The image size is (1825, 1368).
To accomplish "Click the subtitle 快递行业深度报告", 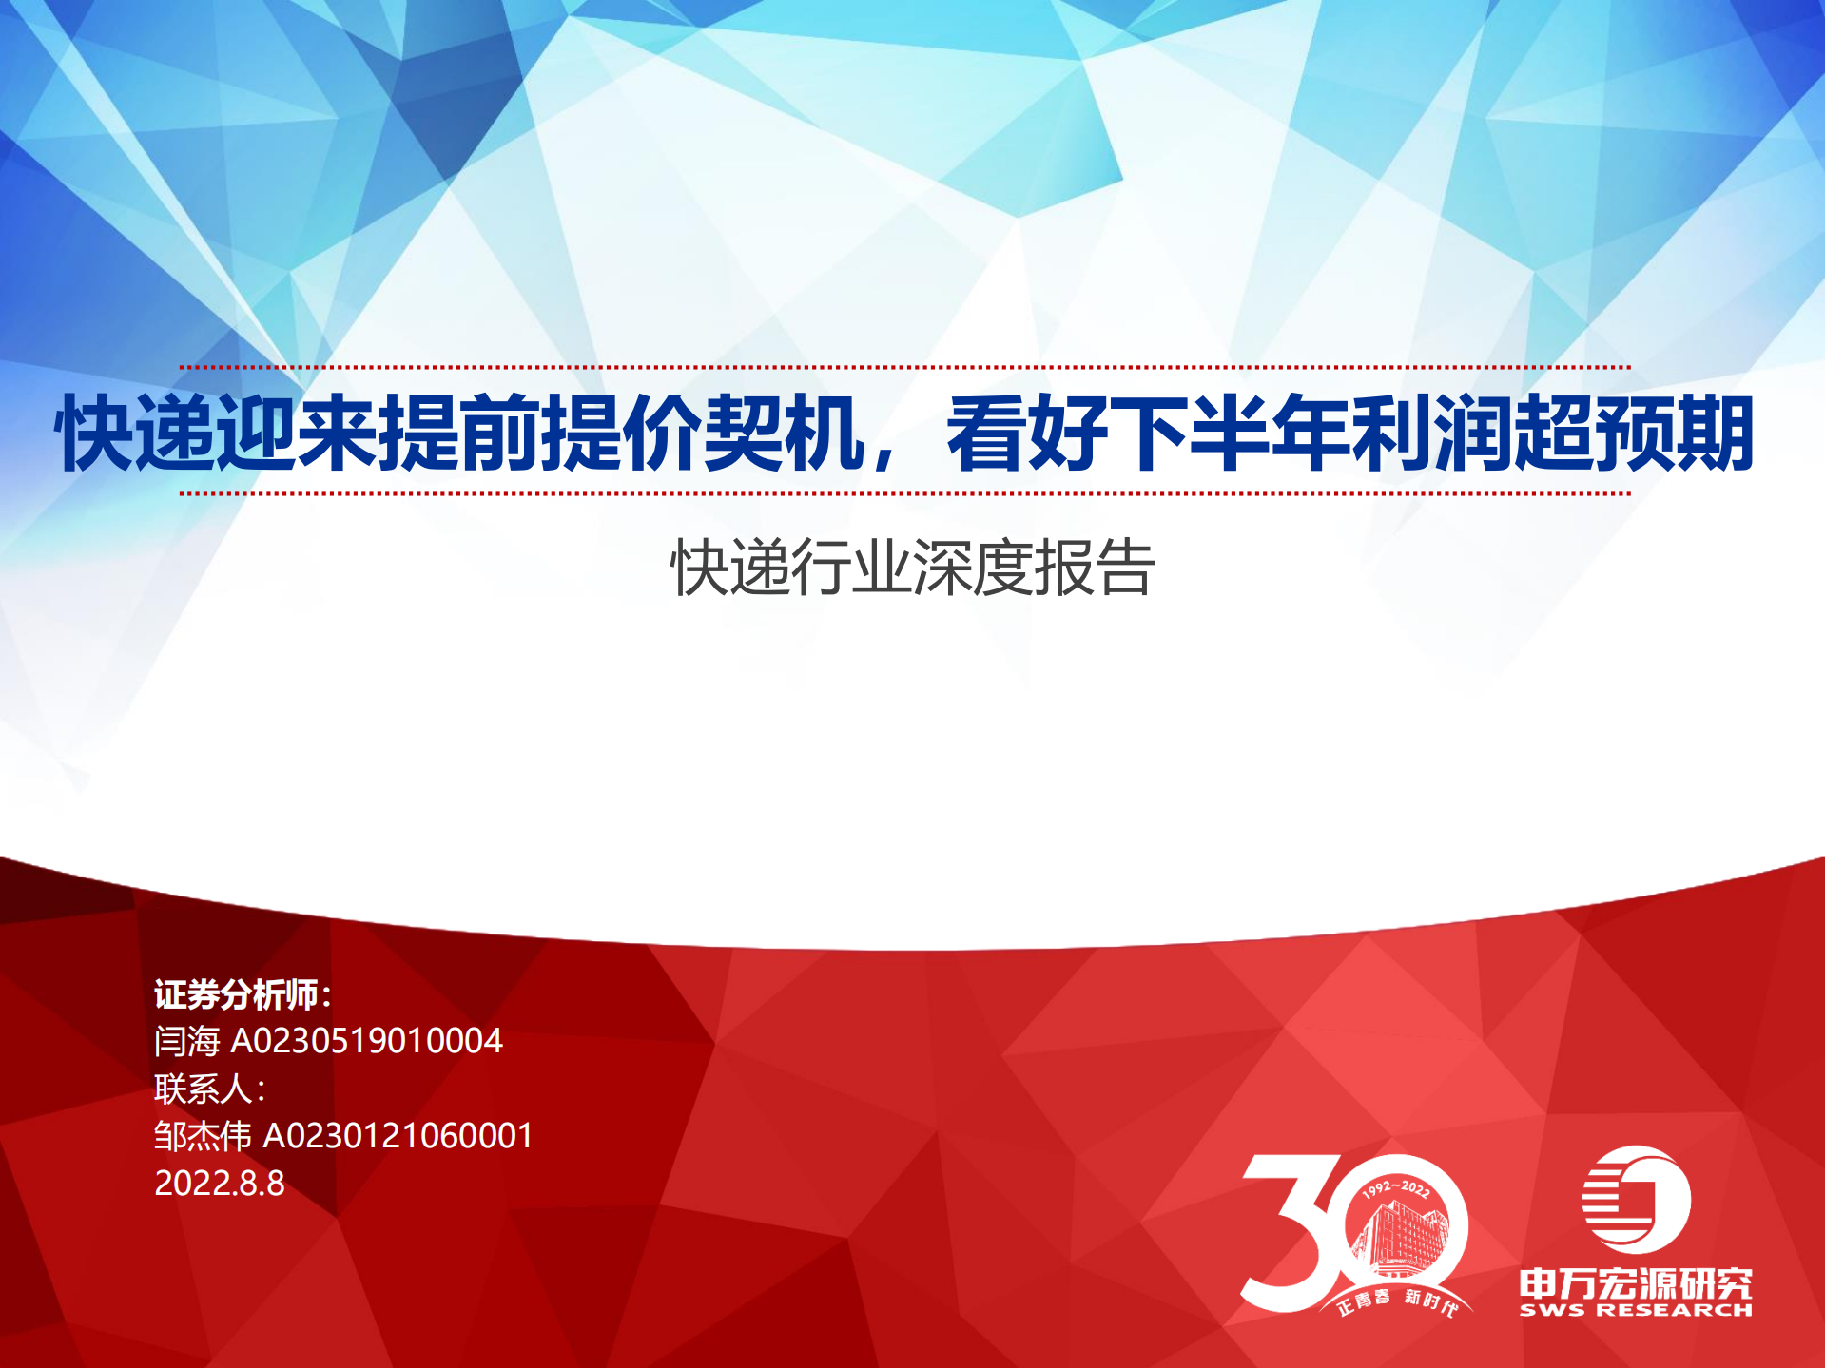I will pos(912,568).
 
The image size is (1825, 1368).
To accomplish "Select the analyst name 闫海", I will pos(187,1041).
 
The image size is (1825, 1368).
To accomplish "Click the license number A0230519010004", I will pos(366,1041).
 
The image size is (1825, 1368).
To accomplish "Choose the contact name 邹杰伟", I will pos(203,1135).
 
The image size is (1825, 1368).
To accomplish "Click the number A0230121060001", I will pos(398,1135).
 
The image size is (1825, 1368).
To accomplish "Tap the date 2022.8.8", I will pos(220,1183).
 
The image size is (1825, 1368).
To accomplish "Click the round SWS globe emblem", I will pos(1636,1200).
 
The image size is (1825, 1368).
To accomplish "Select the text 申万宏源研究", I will pos(1636,1283).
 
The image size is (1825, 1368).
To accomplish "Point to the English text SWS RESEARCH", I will pos(1636,1310).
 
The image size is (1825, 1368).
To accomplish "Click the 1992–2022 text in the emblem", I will pos(1396,1188).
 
